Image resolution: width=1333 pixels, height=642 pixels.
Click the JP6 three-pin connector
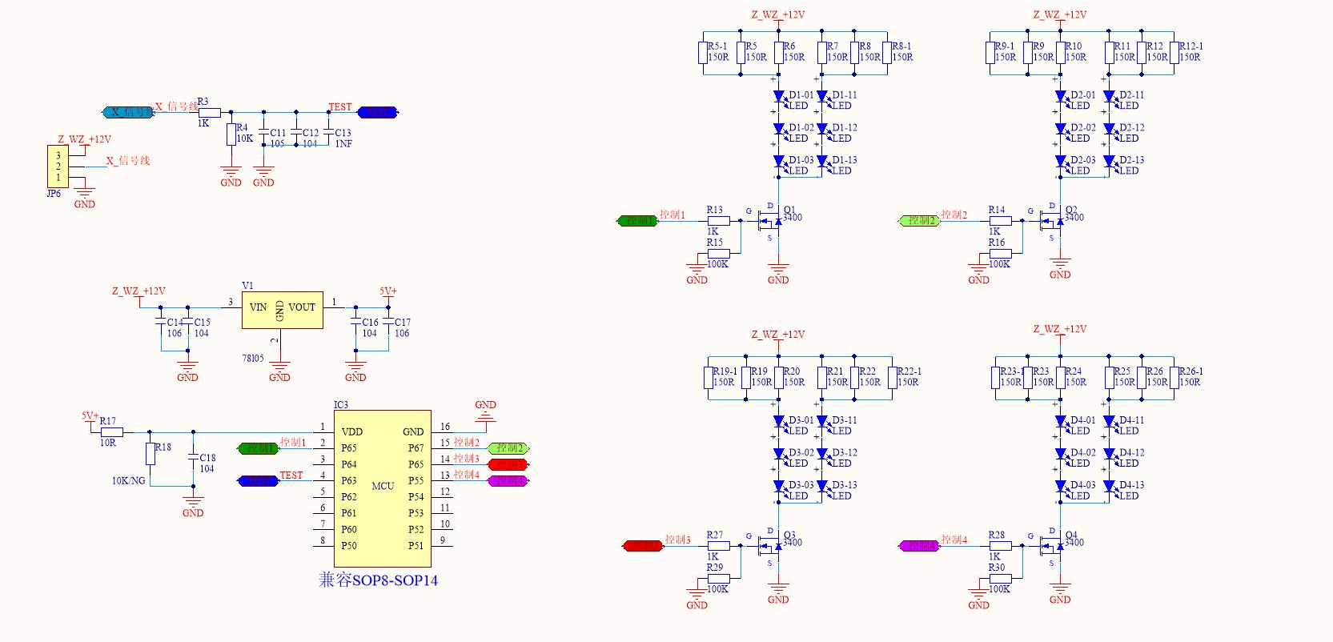58,167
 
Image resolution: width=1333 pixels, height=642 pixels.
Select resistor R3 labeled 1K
209,113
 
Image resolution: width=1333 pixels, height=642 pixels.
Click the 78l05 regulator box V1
282,310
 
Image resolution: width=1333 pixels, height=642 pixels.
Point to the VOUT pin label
302,307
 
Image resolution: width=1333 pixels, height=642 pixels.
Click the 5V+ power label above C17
388,291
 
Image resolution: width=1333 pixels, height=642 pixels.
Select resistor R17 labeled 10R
111,431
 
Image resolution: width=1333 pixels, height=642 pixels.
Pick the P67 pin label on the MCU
416,448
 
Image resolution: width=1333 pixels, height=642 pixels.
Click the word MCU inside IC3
383,486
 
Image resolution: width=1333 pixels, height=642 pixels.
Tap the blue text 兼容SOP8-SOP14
378,580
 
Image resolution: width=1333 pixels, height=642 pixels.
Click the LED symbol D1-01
778,97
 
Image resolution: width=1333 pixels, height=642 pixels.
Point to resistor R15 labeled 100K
718,254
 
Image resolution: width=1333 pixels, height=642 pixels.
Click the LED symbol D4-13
1109,487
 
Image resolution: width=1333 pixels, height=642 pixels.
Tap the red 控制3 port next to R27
643,546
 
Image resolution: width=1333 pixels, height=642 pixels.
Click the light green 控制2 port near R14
919,220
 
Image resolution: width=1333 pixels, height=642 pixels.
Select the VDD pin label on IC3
352,432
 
